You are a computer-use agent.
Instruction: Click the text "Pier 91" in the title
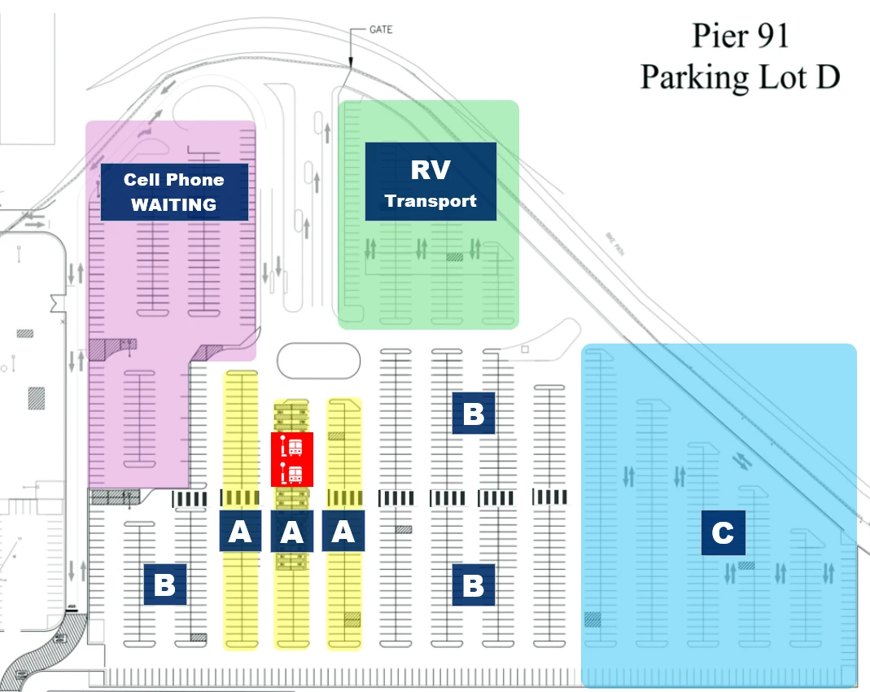[x=740, y=37]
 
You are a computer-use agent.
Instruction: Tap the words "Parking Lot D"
[x=740, y=77]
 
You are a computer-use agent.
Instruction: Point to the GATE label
[x=380, y=30]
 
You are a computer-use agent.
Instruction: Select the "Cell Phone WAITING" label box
[x=174, y=192]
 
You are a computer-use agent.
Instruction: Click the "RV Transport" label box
[x=431, y=182]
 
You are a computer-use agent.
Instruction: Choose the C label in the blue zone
[x=723, y=533]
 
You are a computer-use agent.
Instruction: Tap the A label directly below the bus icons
[x=291, y=532]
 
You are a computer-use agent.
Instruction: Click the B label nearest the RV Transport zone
[x=473, y=414]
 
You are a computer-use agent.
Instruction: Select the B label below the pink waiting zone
[x=165, y=585]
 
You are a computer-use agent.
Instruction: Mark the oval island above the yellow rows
[x=318, y=361]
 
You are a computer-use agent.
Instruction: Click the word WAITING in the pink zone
[x=174, y=204]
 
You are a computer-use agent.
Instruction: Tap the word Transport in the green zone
[x=431, y=200]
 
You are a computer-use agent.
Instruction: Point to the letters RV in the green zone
[x=431, y=169]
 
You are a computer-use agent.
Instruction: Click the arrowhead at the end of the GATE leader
[x=349, y=64]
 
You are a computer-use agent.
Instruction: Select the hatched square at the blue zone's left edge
[x=592, y=620]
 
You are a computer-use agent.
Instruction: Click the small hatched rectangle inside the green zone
[x=454, y=256]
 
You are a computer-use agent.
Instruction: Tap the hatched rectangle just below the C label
[x=746, y=564]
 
